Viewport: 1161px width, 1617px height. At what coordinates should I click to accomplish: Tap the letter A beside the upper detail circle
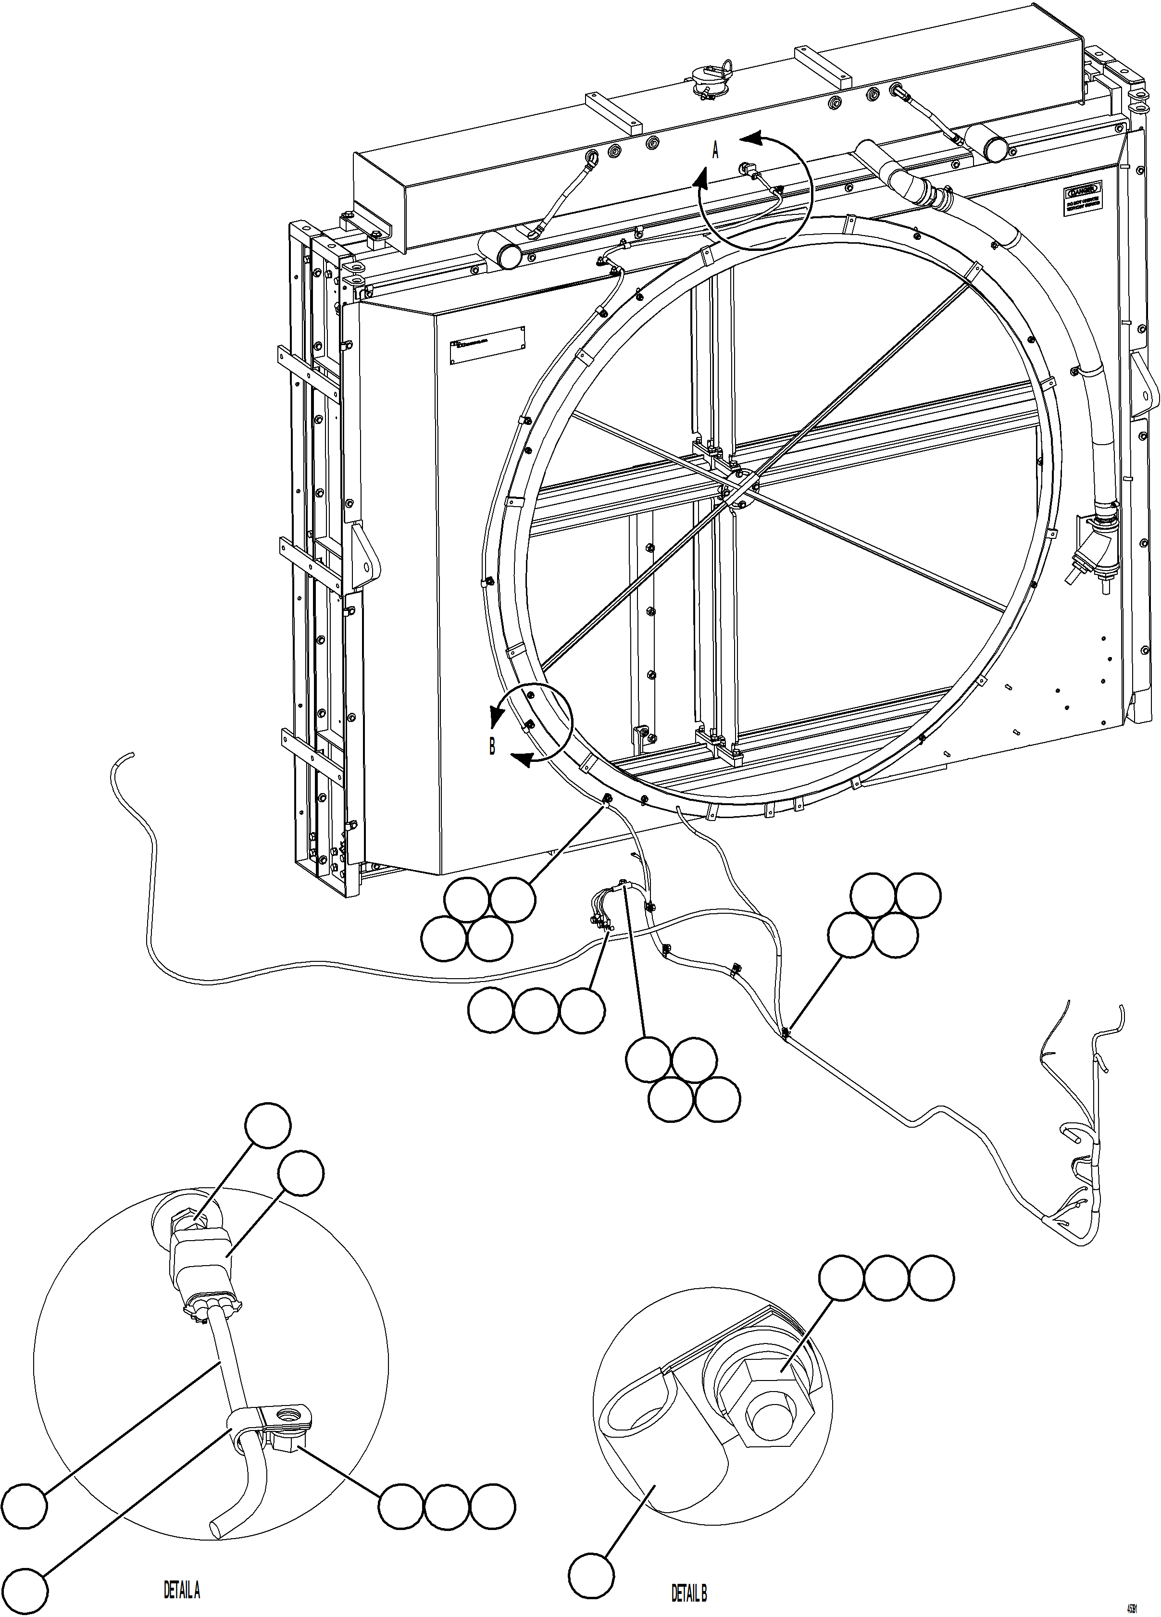click(716, 150)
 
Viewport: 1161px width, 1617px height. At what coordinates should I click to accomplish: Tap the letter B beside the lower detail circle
click(492, 747)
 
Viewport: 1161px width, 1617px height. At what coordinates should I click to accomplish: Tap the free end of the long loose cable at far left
click(131, 754)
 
